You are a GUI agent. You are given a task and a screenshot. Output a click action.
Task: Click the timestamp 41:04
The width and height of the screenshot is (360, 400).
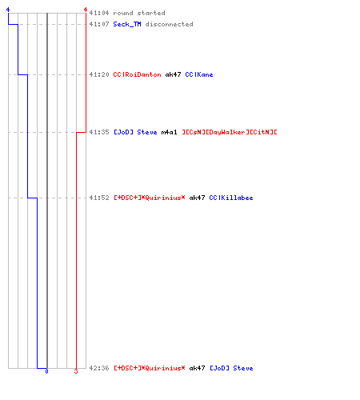pos(99,13)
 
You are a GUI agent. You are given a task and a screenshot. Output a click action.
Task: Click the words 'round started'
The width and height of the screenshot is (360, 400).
pos(139,13)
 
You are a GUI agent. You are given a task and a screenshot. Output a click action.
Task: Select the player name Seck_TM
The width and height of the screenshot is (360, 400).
pos(127,24)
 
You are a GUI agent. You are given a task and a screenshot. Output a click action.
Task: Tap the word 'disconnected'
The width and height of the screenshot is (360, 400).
pos(169,24)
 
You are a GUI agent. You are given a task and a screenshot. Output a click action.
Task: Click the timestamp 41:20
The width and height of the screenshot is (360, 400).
pos(99,74)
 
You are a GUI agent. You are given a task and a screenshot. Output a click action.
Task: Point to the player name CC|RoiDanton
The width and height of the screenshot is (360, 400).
pos(137,74)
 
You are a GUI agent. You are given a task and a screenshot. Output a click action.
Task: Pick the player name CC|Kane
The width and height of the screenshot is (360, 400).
pos(199,74)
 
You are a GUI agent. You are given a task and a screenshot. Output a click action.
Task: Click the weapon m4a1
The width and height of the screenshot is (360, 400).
pos(169,132)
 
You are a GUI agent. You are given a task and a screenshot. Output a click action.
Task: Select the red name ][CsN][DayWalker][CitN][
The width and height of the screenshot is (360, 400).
pos(230,132)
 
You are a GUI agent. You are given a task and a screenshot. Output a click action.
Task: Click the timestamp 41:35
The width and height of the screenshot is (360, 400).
pos(99,132)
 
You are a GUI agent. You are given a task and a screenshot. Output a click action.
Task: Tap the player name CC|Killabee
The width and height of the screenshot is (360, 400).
pos(231,198)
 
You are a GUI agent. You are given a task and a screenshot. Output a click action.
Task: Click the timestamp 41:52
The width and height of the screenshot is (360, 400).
pos(99,198)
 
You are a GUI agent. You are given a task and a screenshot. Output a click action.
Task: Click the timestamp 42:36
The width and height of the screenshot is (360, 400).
pos(99,368)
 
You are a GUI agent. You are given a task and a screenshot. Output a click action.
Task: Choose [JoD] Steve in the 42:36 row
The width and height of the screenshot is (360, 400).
pos(231,368)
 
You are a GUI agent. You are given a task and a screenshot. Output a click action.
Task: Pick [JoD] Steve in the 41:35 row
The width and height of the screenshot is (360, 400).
pos(135,132)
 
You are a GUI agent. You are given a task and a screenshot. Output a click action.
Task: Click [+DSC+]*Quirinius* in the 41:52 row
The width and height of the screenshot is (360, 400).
pos(150,198)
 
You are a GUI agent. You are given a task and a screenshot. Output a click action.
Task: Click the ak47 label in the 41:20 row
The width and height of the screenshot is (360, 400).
pos(173,74)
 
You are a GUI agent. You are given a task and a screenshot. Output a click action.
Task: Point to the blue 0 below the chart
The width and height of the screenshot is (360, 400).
pos(46,371)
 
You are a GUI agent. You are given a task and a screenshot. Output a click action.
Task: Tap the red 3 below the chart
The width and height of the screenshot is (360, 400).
pos(76,371)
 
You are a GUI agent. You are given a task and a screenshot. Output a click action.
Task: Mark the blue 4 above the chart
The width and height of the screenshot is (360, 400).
pos(8,10)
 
